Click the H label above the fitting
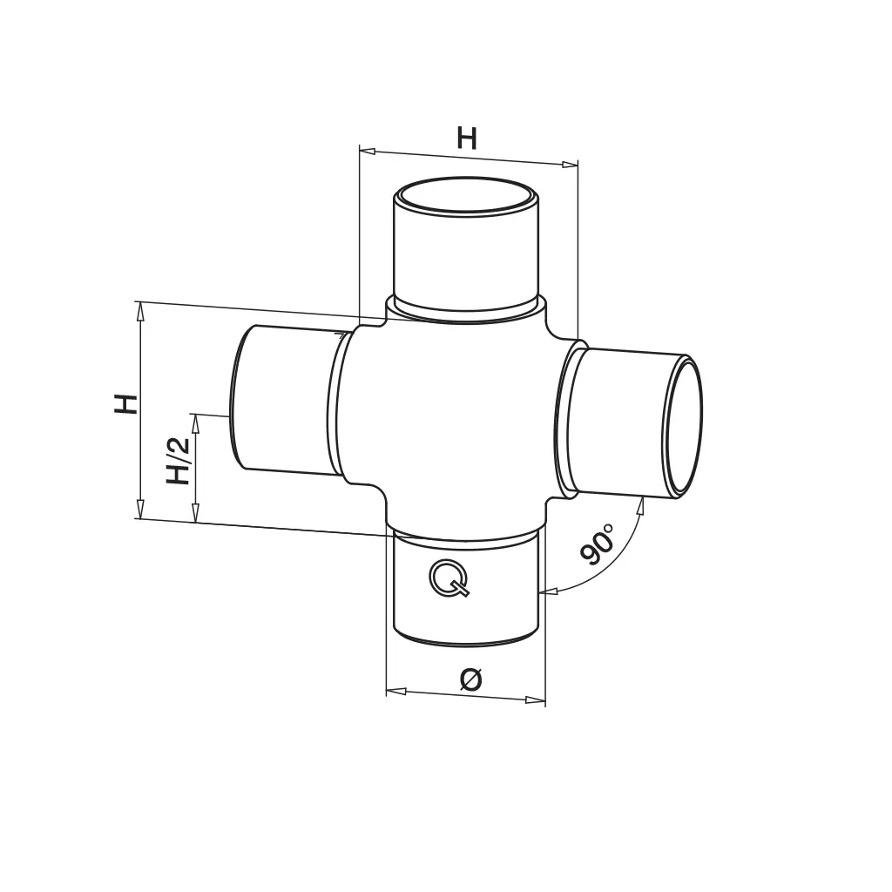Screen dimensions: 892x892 pos(467,139)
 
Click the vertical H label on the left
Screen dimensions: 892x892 pos(126,404)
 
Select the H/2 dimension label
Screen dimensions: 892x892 pos(178,461)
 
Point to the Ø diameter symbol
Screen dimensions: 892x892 pos(471,679)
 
